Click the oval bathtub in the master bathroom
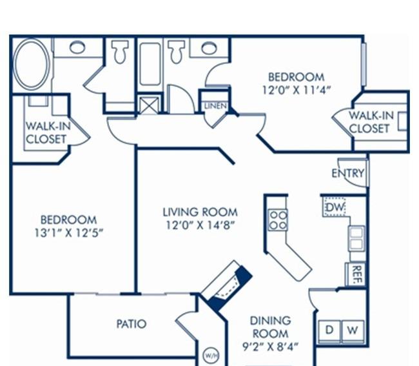(x=32, y=64)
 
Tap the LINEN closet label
(x=215, y=106)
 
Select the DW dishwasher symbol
(x=335, y=207)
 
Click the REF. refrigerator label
(x=356, y=274)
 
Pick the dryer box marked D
(x=329, y=331)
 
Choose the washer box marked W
(x=353, y=331)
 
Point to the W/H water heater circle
(x=211, y=356)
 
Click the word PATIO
(x=132, y=324)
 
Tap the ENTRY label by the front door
(x=347, y=174)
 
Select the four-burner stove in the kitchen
(x=278, y=220)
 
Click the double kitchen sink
(x=356, y=238)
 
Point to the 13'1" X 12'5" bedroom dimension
(x=69, y=233)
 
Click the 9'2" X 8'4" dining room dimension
(x=270, y=347)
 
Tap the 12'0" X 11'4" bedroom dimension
(x=296, y=90)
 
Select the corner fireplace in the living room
(x=226, y=286)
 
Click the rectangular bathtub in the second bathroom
(x=150, y=64)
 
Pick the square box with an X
(x=150, y=106)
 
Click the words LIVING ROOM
(x=200, y=212)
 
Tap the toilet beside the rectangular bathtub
(x=176, y=52)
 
